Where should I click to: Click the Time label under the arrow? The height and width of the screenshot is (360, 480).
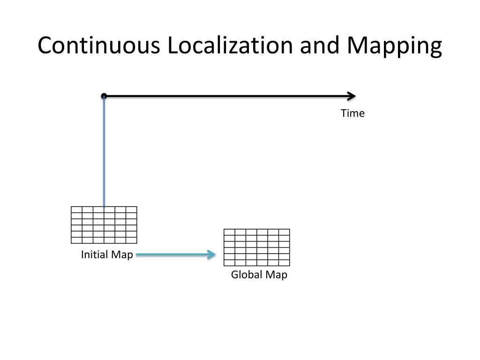352,113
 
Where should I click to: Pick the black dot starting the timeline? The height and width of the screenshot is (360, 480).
104,96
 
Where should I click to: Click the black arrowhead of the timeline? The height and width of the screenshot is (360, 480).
352,96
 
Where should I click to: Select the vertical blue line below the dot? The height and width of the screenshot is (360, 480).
104,150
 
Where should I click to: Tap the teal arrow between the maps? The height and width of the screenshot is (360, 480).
173,255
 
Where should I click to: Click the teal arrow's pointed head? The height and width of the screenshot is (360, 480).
212,255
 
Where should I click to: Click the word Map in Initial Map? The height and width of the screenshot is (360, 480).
122,255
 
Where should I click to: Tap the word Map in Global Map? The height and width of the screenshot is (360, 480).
276,275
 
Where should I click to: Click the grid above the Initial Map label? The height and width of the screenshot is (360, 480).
104,225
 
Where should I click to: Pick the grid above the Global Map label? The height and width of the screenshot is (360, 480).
257,247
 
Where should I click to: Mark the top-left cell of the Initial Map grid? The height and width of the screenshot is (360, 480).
76,209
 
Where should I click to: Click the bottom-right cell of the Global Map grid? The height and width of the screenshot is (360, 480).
284,262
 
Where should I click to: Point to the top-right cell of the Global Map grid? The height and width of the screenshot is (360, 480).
284,232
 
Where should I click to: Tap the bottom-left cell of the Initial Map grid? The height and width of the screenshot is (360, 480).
76,240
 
